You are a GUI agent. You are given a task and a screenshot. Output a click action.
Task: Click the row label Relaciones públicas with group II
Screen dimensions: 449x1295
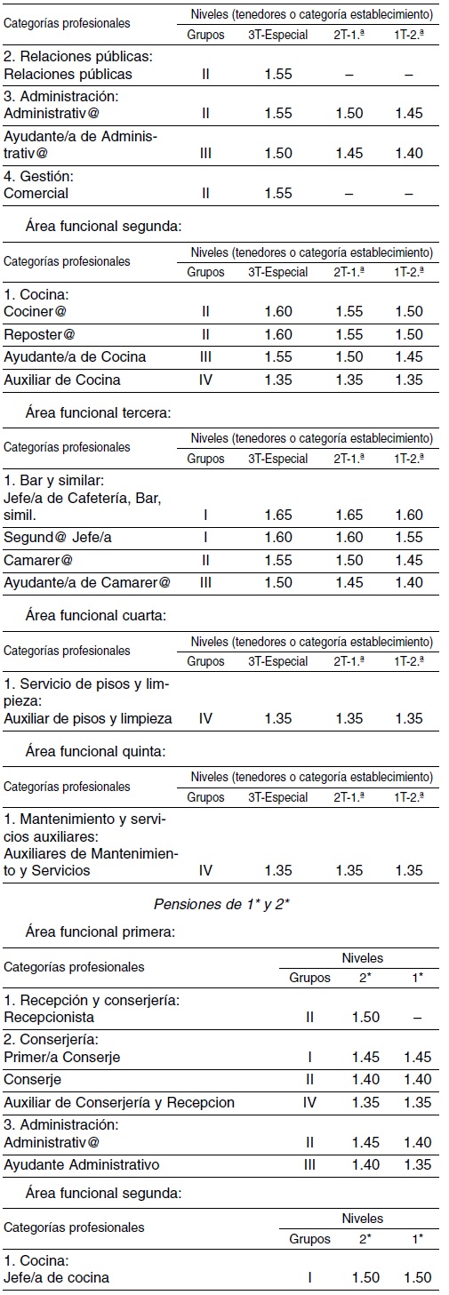coord(68,74)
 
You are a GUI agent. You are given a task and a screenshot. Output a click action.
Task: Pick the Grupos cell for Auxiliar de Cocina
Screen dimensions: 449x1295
coord(205,380)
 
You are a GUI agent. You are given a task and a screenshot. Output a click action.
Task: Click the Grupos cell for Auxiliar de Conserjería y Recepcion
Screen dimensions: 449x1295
coord(309,1102)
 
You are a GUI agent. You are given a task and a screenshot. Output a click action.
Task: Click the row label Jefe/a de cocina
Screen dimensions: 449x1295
coord(61,1277)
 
